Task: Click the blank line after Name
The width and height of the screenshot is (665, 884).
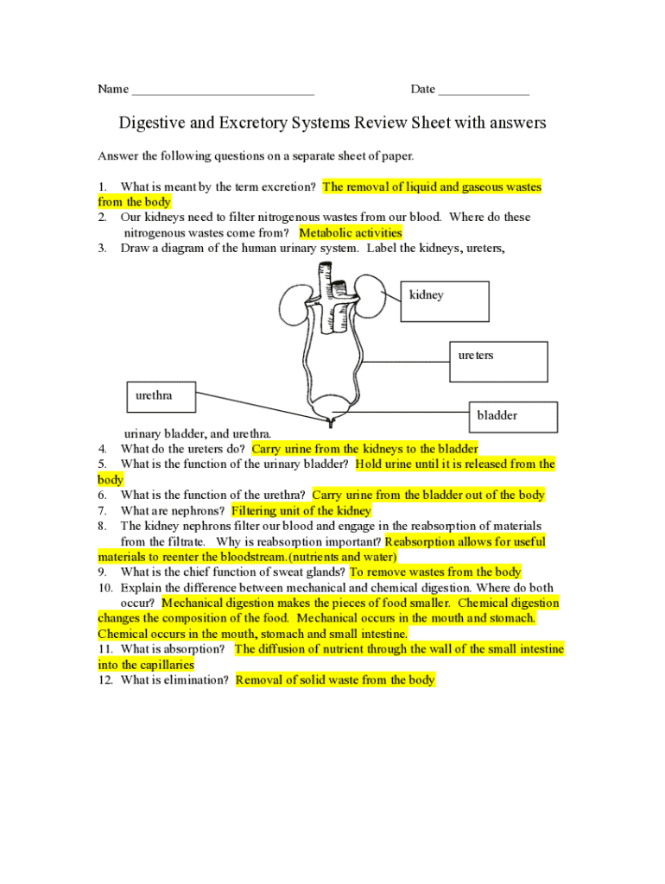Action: tap(222, 90)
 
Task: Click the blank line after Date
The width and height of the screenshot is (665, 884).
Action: tap(484, 90)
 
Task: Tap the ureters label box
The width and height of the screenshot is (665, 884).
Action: tap(498, 361)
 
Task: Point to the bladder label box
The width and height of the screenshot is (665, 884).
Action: tap(513, 416)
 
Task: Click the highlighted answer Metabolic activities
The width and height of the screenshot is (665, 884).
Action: tap(351, 233)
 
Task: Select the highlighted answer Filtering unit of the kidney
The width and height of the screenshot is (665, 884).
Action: tap(301, 511)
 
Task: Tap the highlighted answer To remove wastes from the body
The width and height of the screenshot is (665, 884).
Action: tap(435, 572)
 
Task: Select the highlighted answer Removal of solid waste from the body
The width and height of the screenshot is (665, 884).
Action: tap(335, 680)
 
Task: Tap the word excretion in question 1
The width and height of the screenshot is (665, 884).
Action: tap(288, 186)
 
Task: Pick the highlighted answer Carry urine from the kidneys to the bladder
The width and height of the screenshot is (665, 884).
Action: tap(364, 449)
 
